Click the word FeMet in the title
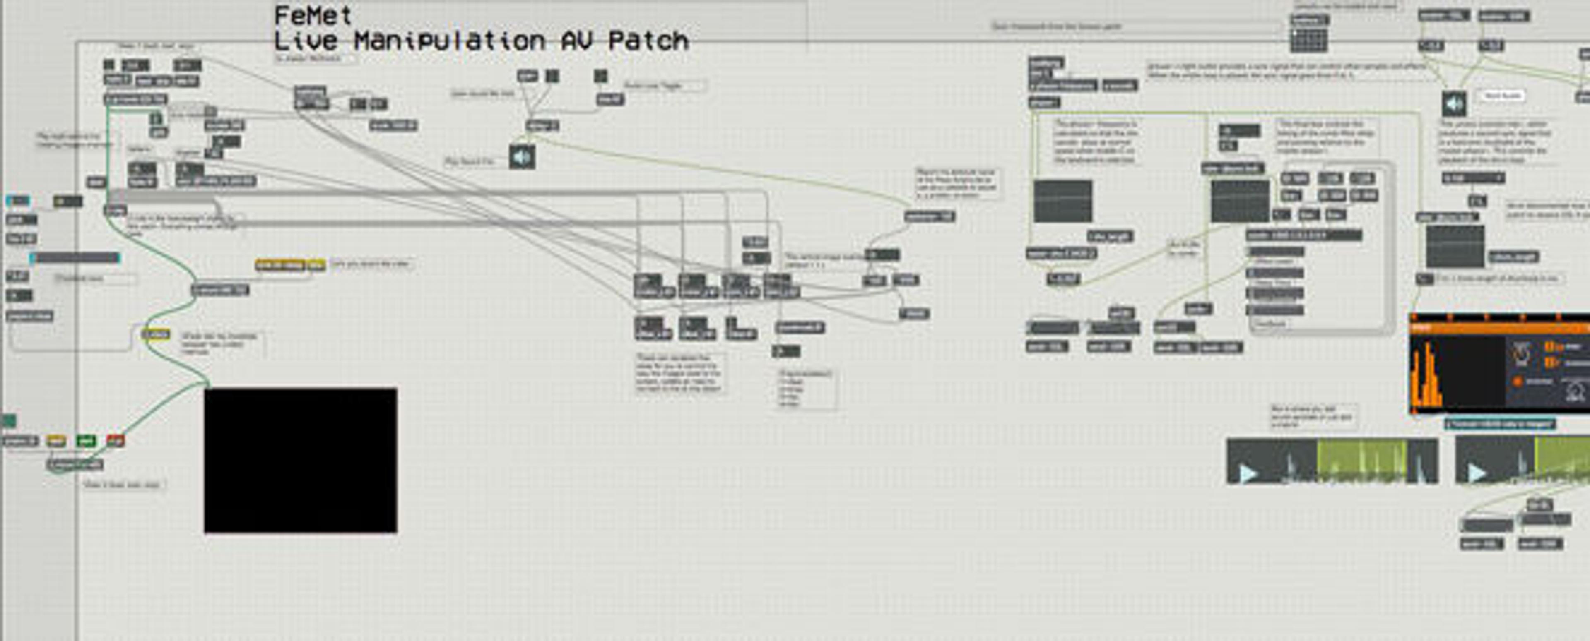tap(313, 15)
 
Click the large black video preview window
tap(301, 460)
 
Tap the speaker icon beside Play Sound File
tap(522, 157)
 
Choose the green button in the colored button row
tap(86, 440)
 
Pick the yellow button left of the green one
tap(56, 440)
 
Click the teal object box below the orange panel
tap(1500, 424)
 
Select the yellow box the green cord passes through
tap(156, 334)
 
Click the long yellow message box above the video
tap(281, 265)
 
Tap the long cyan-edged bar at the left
tap(75, 258)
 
